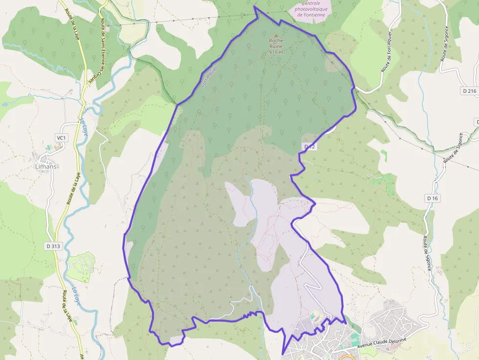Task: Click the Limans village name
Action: (x=46, y=166)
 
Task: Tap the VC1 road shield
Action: (x=61, y=138)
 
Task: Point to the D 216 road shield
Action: (x=469, y=91)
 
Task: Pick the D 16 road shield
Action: (x=433, y=198)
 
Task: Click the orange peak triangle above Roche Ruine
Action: (x=276, y=35)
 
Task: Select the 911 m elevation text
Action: (x=276, y=52)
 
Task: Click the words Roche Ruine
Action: (x=276, y=43)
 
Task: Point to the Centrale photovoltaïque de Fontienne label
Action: (x=310, y=9)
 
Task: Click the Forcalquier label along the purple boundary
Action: (x=209, y=77)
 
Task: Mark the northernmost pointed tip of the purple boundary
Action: (x=255, y=7)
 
